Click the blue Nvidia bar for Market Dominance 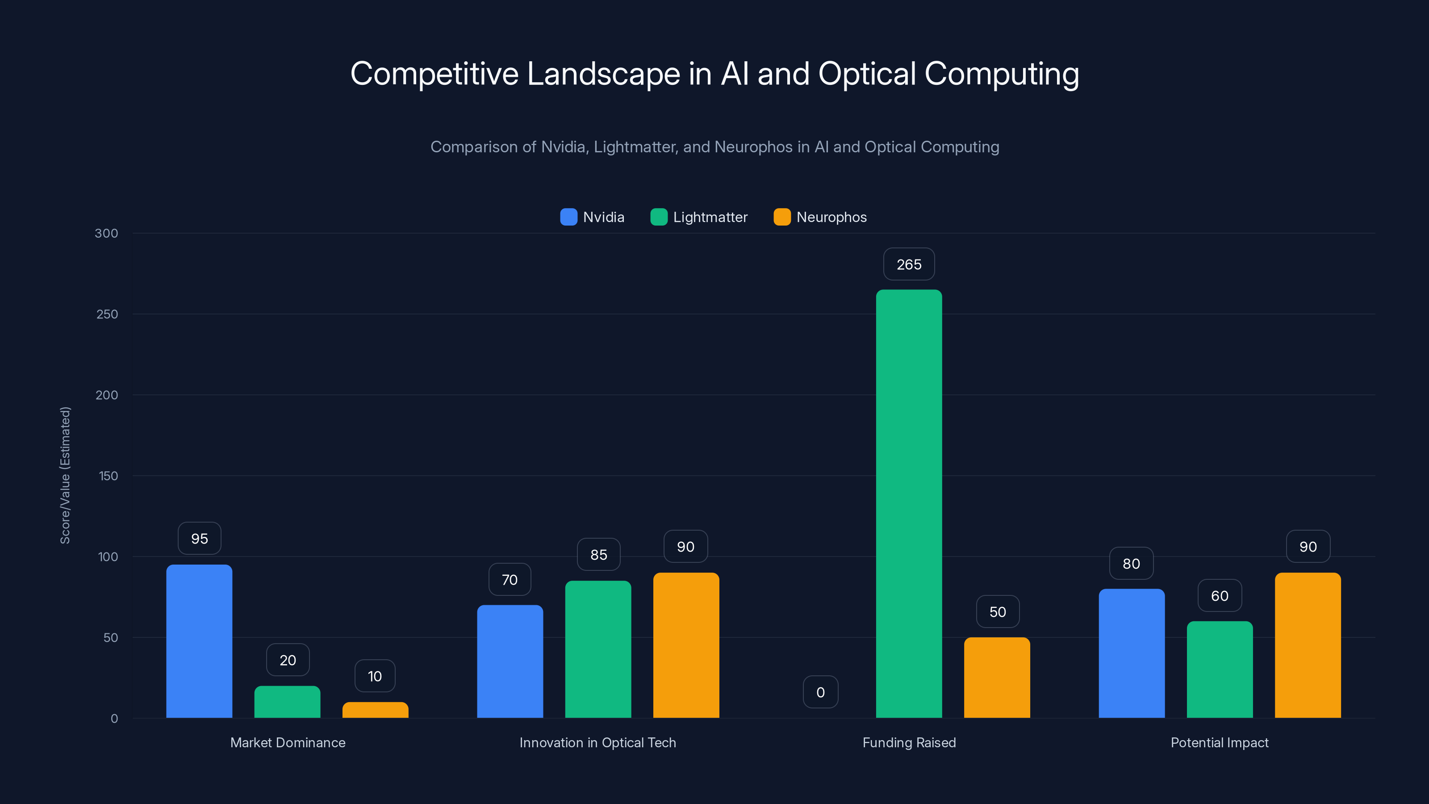click(x=199, y=641)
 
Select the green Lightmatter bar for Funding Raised click(x=909, y=503)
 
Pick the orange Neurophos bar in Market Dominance click(x=375, y=710)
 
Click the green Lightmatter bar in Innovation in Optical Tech click(x=598, y=649)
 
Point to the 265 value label click(x=909, y=264)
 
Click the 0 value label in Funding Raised click(x=820, y=692)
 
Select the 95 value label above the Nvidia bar click(x=199, y=538)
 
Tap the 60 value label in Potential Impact click(x=1219, y=595)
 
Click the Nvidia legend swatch click(x=568, y=217)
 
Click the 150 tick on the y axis click(x=108, y=476)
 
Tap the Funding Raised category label click(x=909, y=742)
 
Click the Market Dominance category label click(x=287, y=742)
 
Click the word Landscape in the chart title click(x=603, y=74)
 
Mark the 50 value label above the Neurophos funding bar click(x=998, y=611)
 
